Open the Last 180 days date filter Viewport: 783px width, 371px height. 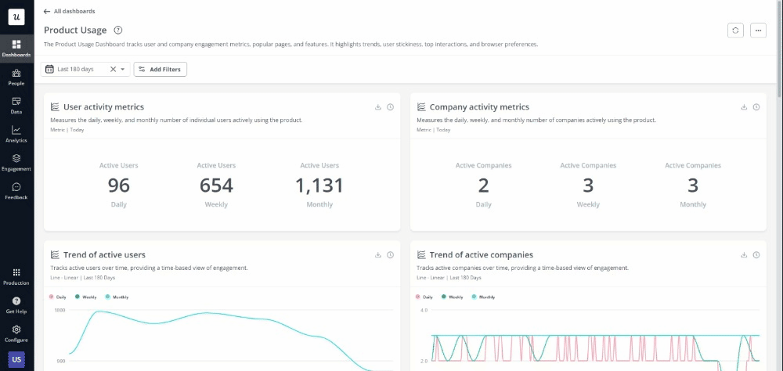click(x=76, y=70)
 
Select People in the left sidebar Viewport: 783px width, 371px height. click(x=16, y=77)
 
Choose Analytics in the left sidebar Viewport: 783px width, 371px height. click(x=16, y=134)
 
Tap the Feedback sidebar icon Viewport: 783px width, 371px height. click(x=16, y=191)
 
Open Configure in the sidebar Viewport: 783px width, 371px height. click(x=16, y=333)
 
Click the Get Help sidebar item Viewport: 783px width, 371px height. click(x=16, y=304)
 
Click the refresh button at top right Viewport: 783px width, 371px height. click(x=734, y=30)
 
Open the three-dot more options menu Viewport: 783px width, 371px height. click(x=757, y=30)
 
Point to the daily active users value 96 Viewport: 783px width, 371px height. click(x=118, y=185)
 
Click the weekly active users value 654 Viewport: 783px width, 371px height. click(x=216, y=185)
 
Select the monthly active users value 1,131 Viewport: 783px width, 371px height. click(x=319, y=185)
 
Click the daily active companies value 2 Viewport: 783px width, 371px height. click(x=483, y=185)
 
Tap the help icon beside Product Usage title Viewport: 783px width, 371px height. click(x=117, y=30)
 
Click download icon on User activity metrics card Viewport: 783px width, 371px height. click(x=377, y=107)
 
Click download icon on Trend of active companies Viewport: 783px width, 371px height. click(x=744, y=255)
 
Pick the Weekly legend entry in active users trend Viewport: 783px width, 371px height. click(x=88, y=297)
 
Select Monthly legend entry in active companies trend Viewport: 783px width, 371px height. click(x=483, y=297)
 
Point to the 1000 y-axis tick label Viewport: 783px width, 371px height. click(x=60, y=311)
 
